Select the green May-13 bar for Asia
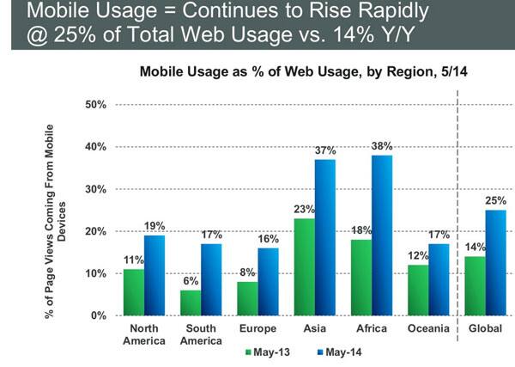pos(303,267)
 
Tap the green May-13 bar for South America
pos(191,303)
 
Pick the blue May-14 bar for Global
pos(495,263)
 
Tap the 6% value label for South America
pos(191,281)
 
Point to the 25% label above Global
pos(495,202)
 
